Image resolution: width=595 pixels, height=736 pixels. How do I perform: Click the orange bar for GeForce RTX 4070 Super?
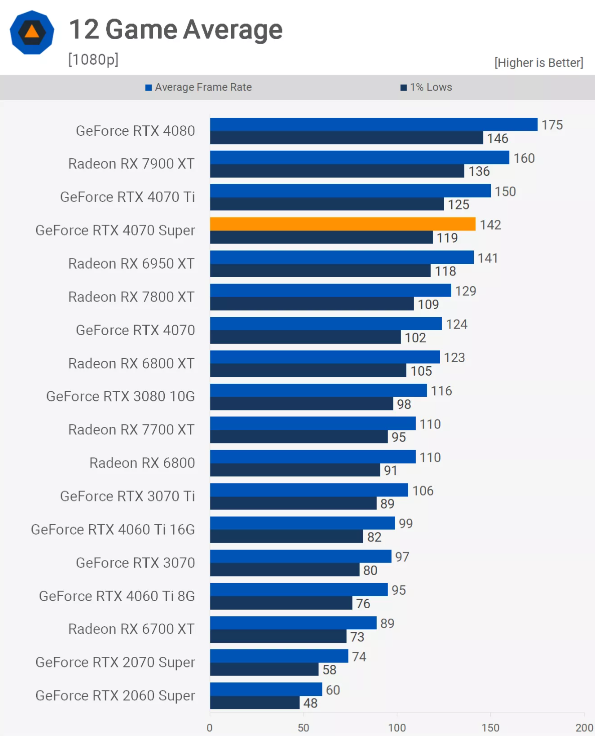pyautogui.click(x=343, y=224)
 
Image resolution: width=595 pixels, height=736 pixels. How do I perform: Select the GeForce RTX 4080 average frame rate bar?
pyautogui.click(x=374, y=124)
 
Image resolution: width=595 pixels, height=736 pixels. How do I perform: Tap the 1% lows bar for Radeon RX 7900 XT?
pyautogui.click(x=337, y=171)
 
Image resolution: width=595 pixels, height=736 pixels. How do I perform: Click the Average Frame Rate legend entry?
pyautogui.click(x=199, y=87)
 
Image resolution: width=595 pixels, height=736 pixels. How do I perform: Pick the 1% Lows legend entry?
pyautogui.click(x=426, y=87)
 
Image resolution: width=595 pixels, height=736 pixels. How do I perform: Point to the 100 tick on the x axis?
pyautogui.click(x=397, y=727)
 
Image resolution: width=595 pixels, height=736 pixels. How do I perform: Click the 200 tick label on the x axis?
pyautogui.click(x=584, y=727)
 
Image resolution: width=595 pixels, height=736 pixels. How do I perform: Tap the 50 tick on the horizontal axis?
pyautogui.click(x=304, y=727)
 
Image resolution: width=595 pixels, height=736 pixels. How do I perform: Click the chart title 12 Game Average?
pyautogui.click(x=175, y=30)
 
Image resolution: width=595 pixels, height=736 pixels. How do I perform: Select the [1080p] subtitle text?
pyautogui.click(x=93, y=60)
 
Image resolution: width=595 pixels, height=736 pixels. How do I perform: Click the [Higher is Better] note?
pyautogui.click(x=539, y=63)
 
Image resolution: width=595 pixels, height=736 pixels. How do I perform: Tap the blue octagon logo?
pyautogui.click(x=32, y=33)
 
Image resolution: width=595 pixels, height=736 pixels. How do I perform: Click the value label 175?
pyautogui.click(x=552, y=125)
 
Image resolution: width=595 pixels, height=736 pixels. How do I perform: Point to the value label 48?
pyautogui.click(x=311, y=703)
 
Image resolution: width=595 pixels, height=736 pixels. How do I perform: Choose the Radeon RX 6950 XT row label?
pyautogui.click(x=131, y=264)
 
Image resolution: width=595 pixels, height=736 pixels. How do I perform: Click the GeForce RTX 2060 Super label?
pyautogui.click(x=115, y=695)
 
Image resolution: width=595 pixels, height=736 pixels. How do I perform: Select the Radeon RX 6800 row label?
pyautogui.click(x=142, y=463)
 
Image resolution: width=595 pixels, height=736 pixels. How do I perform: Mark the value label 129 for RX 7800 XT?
pyautogui.click(x=465, y=291)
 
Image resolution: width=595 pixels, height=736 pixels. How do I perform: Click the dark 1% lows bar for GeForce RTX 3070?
pyautogui.click(x=284, y=570)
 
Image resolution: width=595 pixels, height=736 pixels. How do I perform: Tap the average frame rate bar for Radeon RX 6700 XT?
pyautogui.click(x=293, y=623)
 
